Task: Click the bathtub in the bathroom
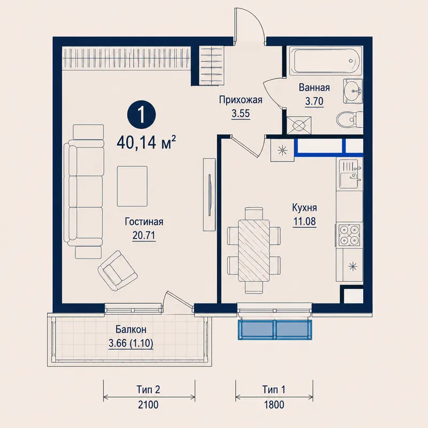325,60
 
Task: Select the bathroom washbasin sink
353,91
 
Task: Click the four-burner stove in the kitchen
349,235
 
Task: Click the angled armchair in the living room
117,271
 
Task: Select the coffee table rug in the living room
132,186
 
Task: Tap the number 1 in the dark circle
141,115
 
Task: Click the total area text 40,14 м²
146,142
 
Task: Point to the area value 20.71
144,235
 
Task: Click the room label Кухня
304,208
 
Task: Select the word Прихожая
241,100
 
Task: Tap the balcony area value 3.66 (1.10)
131,343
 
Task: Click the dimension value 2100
148,404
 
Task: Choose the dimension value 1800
274,404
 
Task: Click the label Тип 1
274,389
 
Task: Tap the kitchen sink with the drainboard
350,174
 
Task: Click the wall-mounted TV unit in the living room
209,195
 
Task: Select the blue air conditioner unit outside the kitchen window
275,330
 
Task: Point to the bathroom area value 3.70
314,102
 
